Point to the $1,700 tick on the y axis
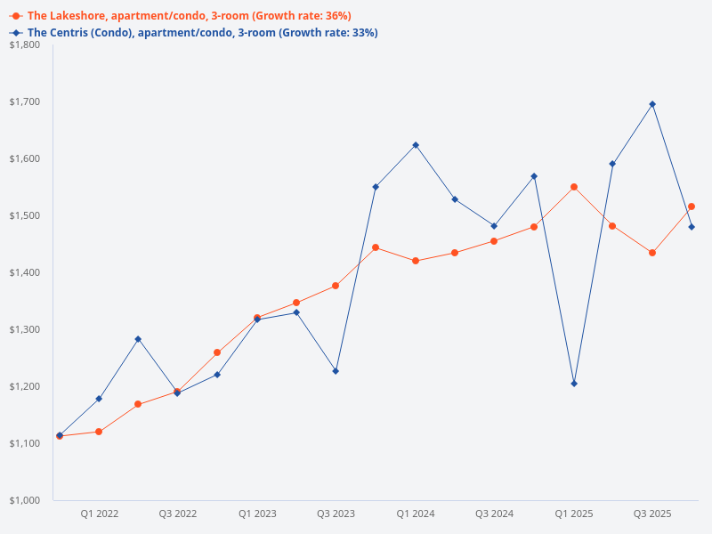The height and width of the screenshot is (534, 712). coord(26,101)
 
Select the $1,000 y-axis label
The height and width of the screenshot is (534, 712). coord(26,500)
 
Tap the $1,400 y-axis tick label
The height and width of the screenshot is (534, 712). coord(26,272)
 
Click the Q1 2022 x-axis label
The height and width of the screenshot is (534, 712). coord(100,514)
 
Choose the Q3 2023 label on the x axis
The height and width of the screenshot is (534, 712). coord(336,514)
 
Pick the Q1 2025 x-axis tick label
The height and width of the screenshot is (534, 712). coord(574,514)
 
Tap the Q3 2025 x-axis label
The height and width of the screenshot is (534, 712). coord(652,514)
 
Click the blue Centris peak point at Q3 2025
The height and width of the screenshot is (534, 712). coord(652,104)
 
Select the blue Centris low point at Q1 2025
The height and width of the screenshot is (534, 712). coord(574,384)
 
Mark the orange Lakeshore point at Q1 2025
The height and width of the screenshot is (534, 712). coord(574,187)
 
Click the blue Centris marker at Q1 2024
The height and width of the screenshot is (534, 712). coord(416,145)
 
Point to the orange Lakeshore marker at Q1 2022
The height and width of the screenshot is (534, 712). coord(99,432)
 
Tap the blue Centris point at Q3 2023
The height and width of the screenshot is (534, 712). coord(336,371)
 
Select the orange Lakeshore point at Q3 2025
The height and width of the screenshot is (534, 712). coord(652,253)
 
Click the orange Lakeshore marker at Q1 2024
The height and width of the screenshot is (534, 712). coord(416,261)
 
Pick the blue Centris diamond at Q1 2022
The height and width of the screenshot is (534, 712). coord(99,399)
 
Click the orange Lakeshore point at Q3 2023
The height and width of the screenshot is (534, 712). coord(336,286)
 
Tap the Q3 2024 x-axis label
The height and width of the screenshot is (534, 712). coord(494,514)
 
